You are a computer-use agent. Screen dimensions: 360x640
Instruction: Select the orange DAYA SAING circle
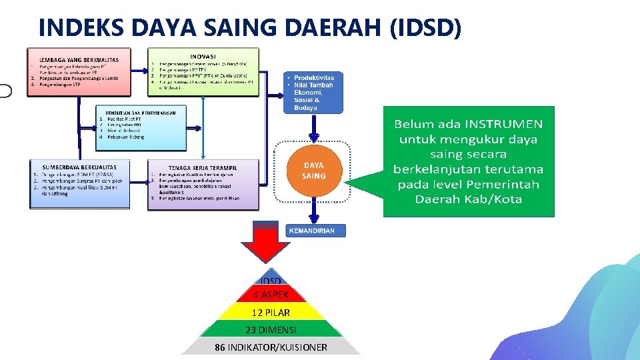point(313,171)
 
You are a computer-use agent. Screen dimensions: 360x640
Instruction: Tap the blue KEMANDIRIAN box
point(316,231)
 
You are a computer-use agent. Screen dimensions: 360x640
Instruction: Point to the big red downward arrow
point(271,244)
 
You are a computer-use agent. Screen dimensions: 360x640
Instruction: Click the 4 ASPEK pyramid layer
point(271,294)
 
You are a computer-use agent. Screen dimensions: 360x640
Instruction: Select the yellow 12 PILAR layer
point(271,312)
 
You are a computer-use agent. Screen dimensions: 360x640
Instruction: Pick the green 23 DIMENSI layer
point(271,329)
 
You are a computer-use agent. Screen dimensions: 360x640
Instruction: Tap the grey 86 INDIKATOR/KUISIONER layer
point(271,347)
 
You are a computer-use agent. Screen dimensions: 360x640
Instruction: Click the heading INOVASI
point(203,56)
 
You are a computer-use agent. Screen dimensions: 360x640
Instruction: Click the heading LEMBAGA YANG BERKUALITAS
point(79,60)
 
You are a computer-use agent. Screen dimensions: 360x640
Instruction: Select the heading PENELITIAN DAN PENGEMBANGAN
point(136,113)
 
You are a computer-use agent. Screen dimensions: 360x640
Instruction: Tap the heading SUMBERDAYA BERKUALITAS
point(79,167)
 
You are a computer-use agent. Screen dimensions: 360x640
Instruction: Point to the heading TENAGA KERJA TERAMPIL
point(203,167)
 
